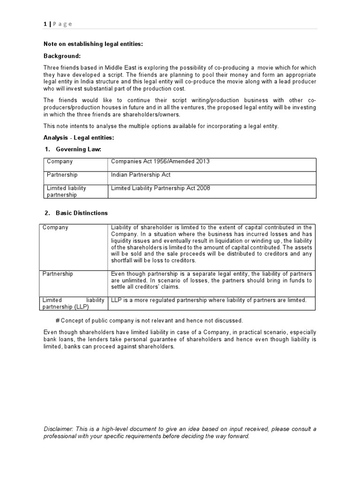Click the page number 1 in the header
[45, 24]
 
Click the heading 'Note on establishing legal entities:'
[93, 44]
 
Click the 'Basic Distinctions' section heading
[82, 213]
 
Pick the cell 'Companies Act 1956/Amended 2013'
[160, 162]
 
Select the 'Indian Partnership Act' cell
[141, 175]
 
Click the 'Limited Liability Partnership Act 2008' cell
[160, 188]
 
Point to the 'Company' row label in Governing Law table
[60, 162]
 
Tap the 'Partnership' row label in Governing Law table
[62, 175]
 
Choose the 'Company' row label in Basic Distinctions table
[55, 227]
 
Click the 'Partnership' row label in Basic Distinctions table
[58, 274]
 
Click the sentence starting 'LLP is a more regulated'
[209, 300]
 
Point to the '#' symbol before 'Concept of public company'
[57, 321]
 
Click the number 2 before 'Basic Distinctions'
[47, 213]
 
